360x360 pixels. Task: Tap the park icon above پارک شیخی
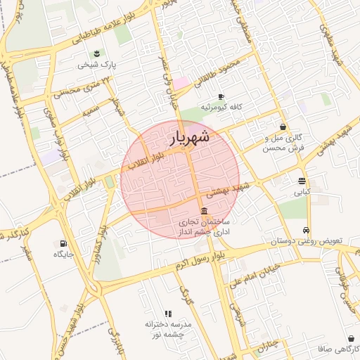[97, 53]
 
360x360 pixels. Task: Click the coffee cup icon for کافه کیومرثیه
[221, 96]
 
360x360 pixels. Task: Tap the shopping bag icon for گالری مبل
[283, 127]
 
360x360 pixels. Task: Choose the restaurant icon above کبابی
[302, 181]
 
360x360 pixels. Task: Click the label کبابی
[302, 191]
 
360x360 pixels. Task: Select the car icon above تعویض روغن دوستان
[306, 230]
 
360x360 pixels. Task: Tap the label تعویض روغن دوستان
[306, 241]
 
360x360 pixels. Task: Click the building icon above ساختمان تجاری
[204, 212]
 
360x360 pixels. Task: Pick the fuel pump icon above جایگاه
[64, 243]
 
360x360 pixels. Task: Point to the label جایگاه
[64, 254]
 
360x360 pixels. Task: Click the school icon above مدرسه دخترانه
[168, 314]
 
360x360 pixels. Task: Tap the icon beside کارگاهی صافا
[351, 338]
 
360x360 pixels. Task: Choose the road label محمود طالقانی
[220, 72]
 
